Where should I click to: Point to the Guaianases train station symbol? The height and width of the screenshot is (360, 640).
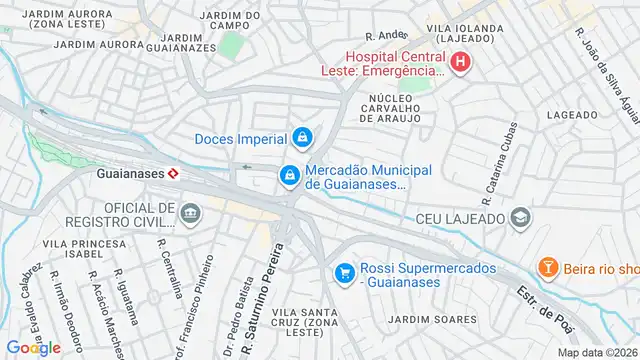[173, 173]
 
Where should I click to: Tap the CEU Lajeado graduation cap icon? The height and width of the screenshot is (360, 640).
[519, 217]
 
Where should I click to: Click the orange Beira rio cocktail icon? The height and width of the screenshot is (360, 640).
[547, 267]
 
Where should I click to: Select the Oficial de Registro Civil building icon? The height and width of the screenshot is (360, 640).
[190, 212]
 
